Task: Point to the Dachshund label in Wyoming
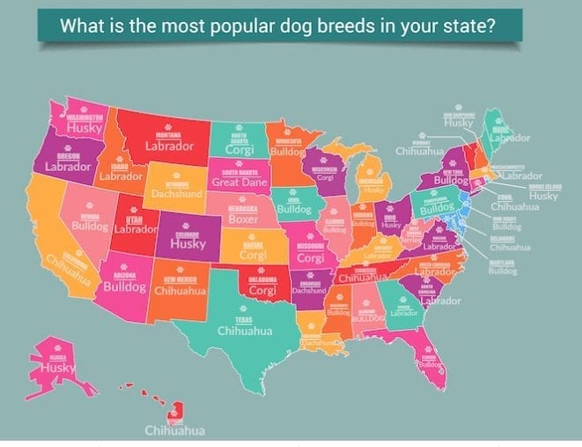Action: click(177, 192)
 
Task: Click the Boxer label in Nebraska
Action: click(243, 219)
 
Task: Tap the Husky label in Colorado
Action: click(187, 243)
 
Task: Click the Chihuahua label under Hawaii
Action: click(176, 430)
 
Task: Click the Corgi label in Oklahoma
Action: click(262, 289)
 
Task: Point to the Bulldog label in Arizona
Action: click(124, 287)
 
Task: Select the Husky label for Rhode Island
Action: click(543, 196)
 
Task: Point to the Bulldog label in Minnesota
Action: click(288, 152)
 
